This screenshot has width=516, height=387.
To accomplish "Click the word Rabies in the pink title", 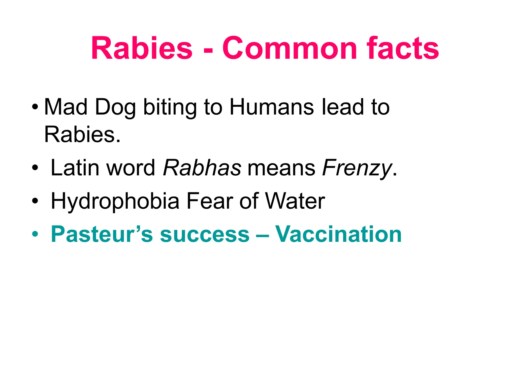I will click(142, 48).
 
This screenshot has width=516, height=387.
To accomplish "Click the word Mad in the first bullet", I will click(66, 107).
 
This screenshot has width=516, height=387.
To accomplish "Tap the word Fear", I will click(209, 201).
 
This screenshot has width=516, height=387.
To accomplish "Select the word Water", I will click(295, 201).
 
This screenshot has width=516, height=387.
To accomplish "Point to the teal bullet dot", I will click(35, 234).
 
